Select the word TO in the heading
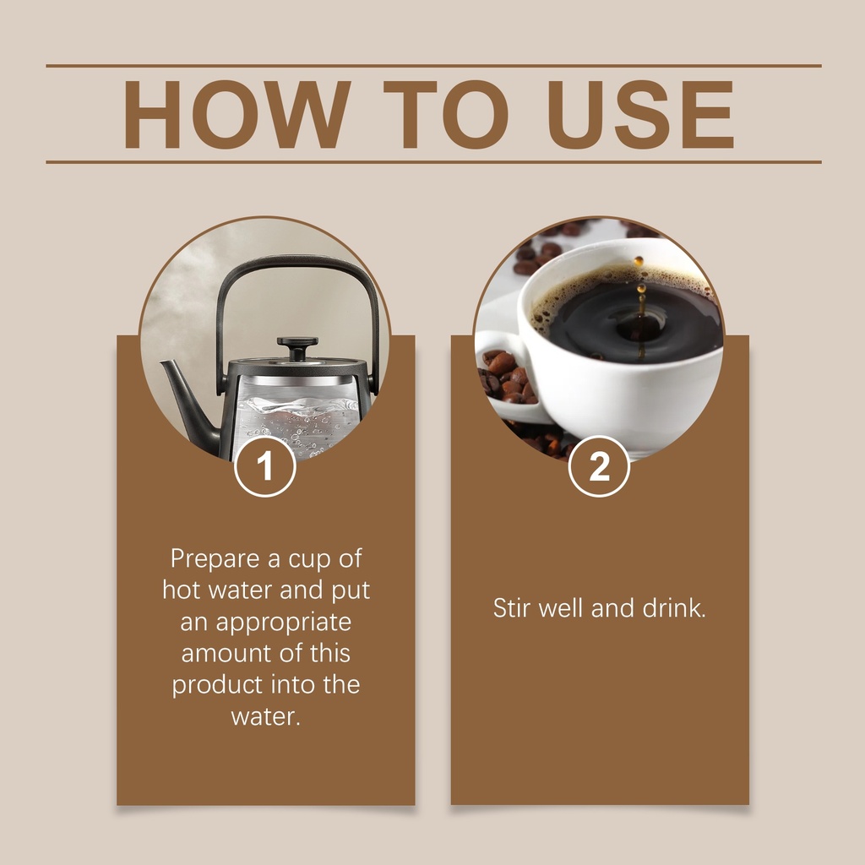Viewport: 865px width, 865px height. tap(446, 114)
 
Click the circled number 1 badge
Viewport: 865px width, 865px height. tap(264, 466)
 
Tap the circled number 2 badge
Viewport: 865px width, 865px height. tap(599, 466)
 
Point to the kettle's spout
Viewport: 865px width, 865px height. tap(190, 403)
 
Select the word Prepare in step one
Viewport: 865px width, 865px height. tap(215, 559)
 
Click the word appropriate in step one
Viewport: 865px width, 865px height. tap(284, 623)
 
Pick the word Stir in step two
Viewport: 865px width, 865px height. tap(512, 607)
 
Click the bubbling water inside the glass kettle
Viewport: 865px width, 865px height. tap(295, 422)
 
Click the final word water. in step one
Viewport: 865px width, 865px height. tap(265, 717)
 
